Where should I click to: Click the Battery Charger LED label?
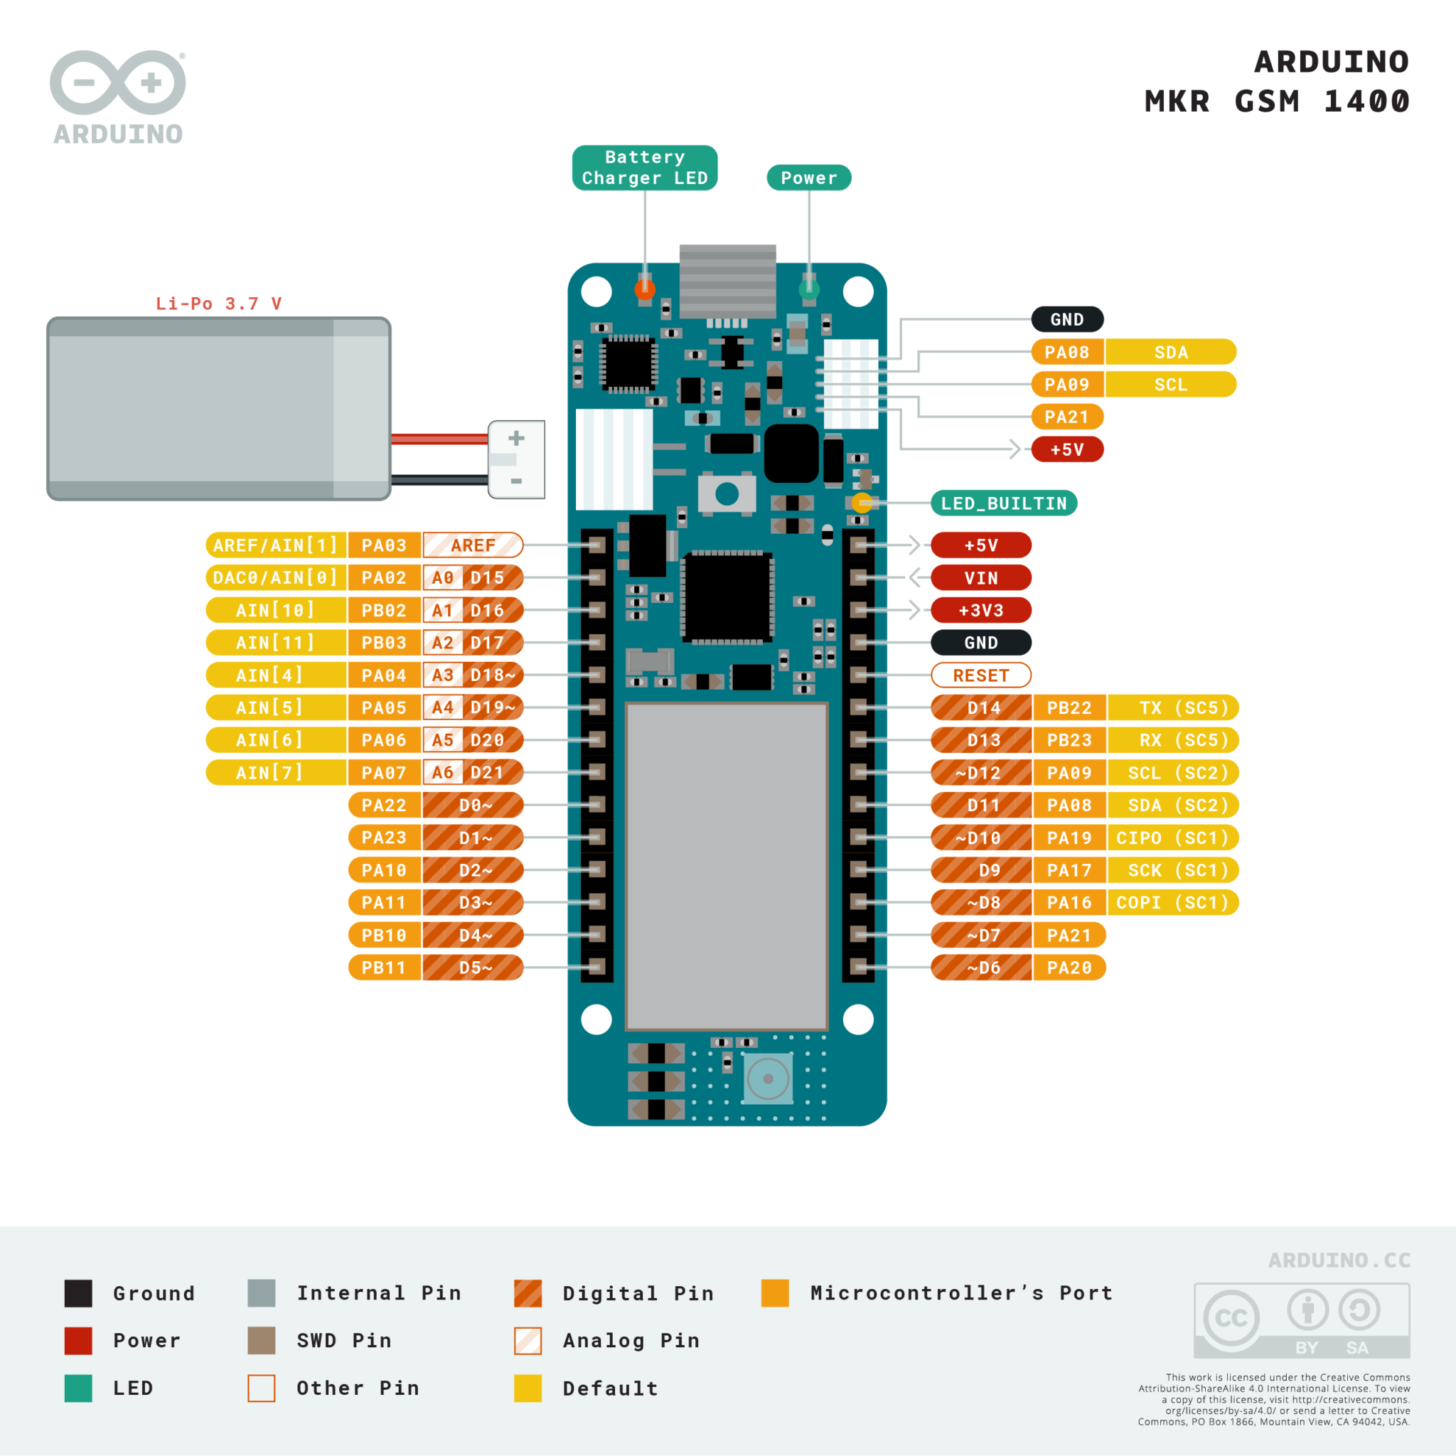[644, 167]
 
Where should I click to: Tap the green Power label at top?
[808, 178]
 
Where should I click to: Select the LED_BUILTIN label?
[1003, 503]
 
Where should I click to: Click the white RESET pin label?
[980, 675]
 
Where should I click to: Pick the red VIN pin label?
[980, 578]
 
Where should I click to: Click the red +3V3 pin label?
[980, 611]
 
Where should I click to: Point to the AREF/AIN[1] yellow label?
[275, 545]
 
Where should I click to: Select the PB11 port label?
[385, 968]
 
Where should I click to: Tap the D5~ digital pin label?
[474, 968]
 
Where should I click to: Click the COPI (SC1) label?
[1172, 903]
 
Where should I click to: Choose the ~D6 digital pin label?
[981, 968]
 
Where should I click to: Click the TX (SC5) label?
[1172, 707]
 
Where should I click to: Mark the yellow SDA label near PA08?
[1170, 352]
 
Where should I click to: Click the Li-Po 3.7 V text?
[218, 304]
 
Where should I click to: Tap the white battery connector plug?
[516, 460]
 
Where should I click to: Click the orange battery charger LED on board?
[645, 289]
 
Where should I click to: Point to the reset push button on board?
[727, 494]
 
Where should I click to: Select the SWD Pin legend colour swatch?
[262, 1341]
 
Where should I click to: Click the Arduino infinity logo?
[117, 83]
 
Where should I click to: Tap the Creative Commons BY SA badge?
[1302, 1320]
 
